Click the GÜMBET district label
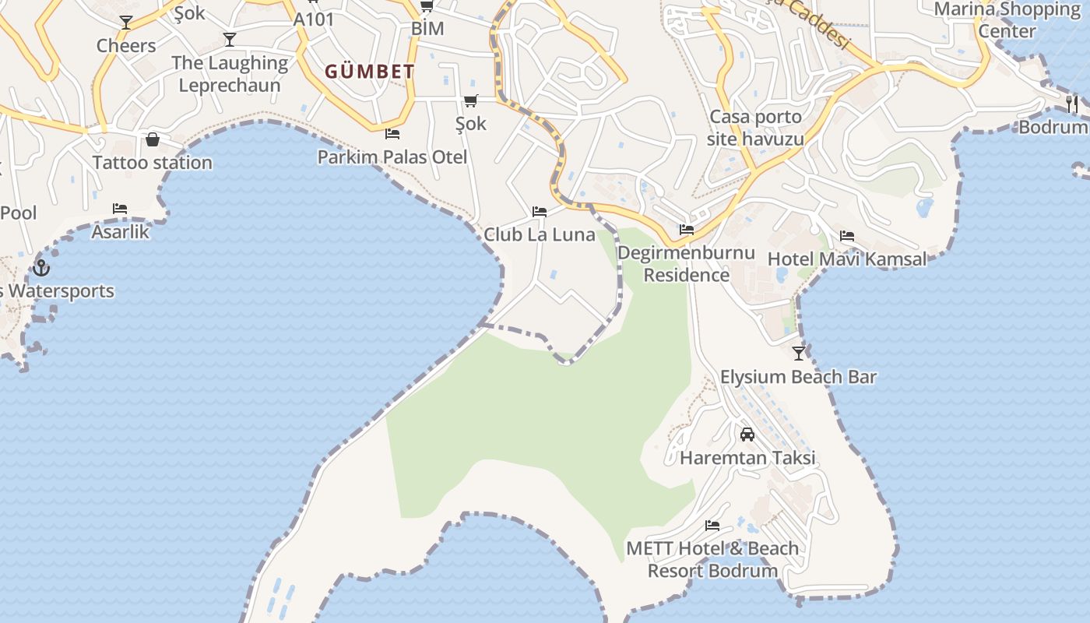pos(370,72)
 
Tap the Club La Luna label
pos(540,234)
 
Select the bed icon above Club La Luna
pos(540,212)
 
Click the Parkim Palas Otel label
pos(392,157)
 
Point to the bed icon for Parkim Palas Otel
pos(392,134)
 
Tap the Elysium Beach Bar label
pos(798,377)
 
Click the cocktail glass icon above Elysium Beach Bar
pos(799,354)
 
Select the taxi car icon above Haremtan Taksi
pos(747,435)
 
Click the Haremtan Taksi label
pos(747,457)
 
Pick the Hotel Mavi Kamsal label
pos(847,259)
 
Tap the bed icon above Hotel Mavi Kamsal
pos(847,236)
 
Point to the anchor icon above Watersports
pos(41,268)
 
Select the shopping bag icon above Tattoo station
pos(153,139)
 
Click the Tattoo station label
pos(153,163)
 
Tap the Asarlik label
pos(120,231)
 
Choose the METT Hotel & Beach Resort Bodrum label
pos(712,559)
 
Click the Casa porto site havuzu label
pos(755,128)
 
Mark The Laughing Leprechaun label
pos(230,74)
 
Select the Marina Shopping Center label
pos(1007,20)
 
